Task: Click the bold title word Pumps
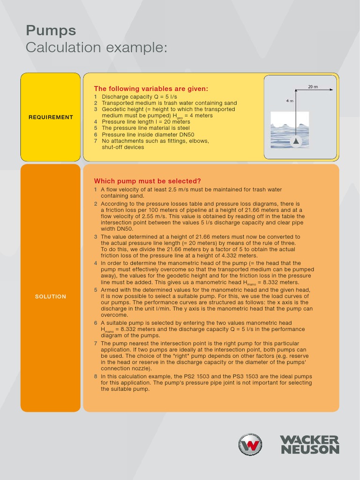[51, 31]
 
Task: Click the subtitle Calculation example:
[96, 47]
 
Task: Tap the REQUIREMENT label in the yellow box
[51, 117]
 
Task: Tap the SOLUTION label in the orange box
[51, 296]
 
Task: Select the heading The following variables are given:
[151, 89]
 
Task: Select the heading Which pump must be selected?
[148, 181]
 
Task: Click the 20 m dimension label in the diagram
[313, 87]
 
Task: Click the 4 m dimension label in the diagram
[289, 101]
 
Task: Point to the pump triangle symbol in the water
[295, 141]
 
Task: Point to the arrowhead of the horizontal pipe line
[331, 90]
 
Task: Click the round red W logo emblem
[250, 444]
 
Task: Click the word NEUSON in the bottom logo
[309, 450]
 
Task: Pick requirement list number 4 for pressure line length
[96, 122]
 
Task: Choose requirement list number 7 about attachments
[96, 141]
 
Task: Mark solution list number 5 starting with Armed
[96, 290]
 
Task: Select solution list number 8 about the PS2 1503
[96, 376]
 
